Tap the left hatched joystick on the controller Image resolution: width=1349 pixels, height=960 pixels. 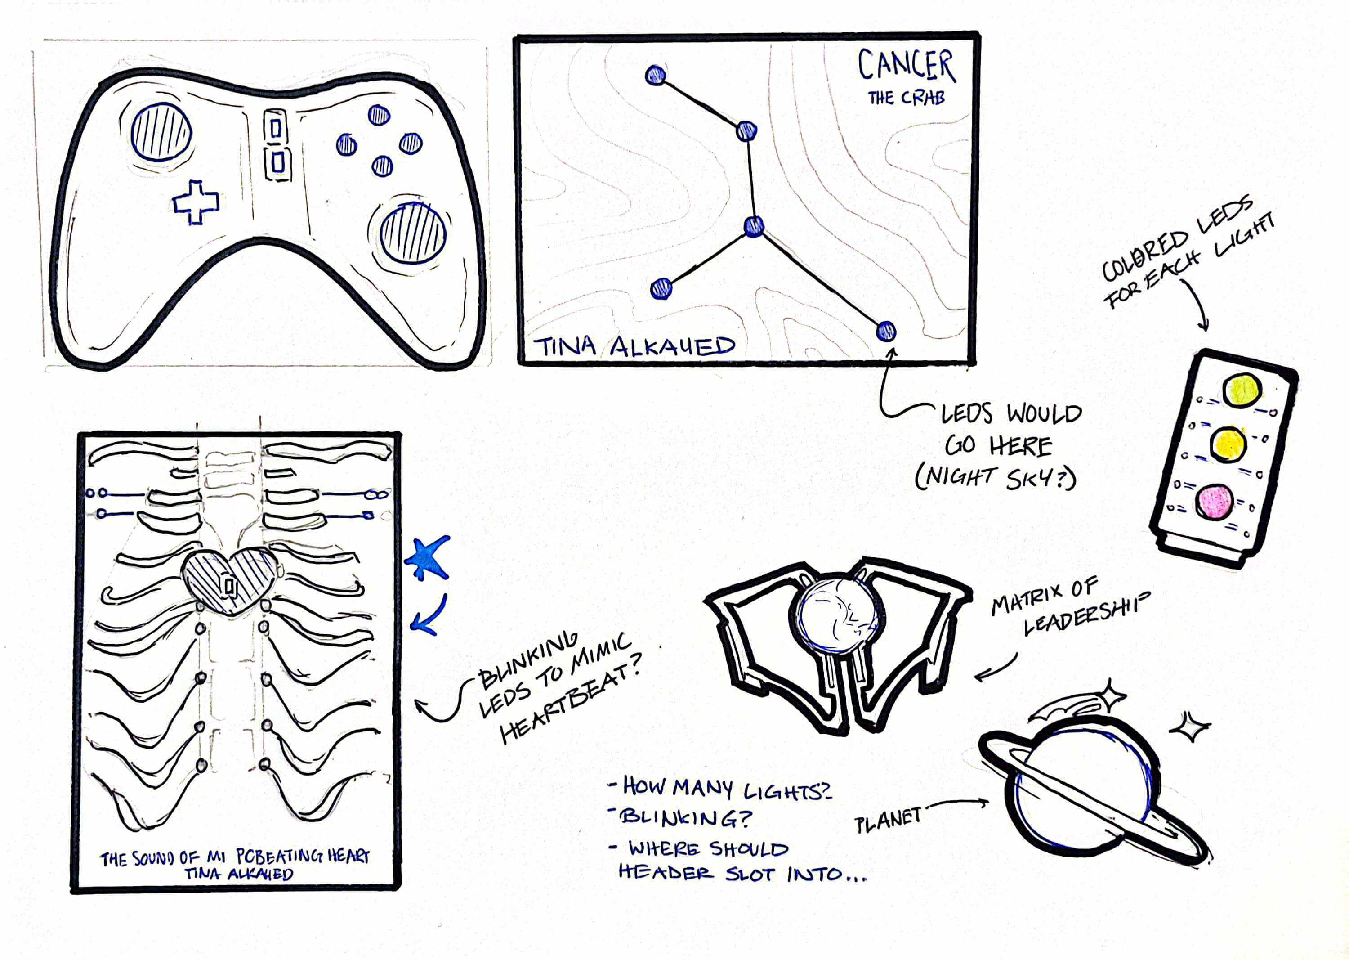(x=161, y=131)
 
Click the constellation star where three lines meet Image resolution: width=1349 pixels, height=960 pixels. (x=753, y=226)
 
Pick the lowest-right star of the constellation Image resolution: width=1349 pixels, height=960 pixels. (x=885, y=331)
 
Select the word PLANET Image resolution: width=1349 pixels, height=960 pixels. (x=888, y=820)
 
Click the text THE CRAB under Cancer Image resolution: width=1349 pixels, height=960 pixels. (x=906, y=98)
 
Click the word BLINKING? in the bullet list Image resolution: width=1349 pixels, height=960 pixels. (x=685, y=818)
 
